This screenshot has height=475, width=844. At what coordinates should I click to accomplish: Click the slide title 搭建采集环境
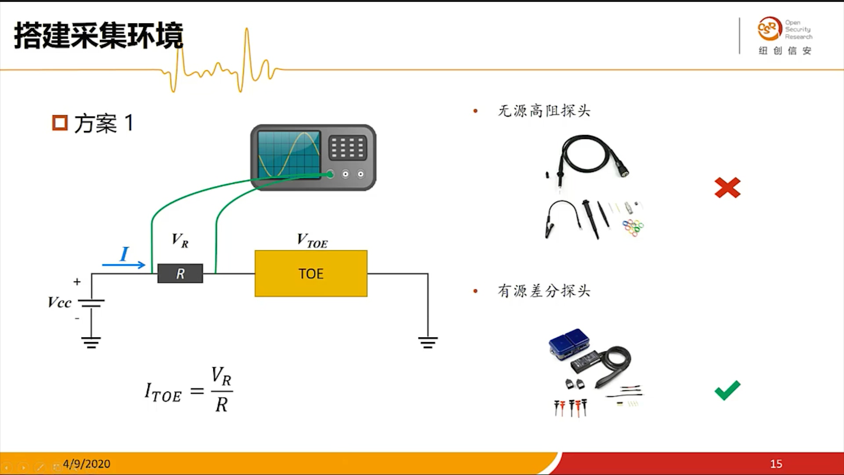click(x=98, y=35)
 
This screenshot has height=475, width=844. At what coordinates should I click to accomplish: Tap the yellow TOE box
click(x=311, y=274)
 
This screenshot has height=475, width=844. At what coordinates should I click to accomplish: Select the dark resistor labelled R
click(x=180, y=274)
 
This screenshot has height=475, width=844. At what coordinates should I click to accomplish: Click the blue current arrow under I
click(x=124, y=264)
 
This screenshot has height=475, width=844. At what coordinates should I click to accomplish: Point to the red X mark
click(x=728, y=188)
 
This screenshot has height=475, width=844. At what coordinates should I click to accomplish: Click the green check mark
click(x=728, y=390)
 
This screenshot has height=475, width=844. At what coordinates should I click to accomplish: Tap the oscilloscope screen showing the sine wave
click(x=289, y=154)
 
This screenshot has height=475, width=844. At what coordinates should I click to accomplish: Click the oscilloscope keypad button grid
click(x=347, y=147)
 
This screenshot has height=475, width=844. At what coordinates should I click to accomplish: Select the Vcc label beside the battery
click(x=59, y=303)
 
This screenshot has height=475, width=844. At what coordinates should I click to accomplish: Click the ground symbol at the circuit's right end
click(x=428, y=342)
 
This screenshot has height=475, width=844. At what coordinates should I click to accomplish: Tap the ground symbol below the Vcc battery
click(x=91, y=342)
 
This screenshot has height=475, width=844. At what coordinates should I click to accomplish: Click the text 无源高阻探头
click(x=544, y=111)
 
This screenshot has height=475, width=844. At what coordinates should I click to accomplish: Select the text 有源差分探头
click(x=544, y=291)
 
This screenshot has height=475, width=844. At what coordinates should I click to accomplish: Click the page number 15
click(x=776, y=464)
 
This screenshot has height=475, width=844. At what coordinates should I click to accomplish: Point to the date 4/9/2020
click(x=87, y=464)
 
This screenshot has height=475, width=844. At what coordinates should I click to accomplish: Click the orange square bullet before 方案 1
click(x=60, y=123)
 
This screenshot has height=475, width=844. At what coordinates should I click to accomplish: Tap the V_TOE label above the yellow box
click(x=312, y=241)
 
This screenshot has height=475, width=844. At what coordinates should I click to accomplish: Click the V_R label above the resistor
click(x=180, y=240)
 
